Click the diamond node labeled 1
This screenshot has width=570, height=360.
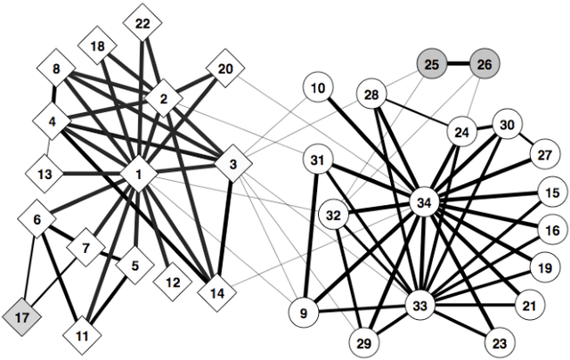tap(140, 175)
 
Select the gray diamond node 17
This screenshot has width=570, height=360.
tap(22, 315)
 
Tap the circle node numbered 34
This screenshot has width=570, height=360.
tap(424, 204)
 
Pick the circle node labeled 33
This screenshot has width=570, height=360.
tap(419, 306)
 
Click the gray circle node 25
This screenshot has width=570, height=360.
tap(433, 64)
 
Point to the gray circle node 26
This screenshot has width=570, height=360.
tap(484, 64)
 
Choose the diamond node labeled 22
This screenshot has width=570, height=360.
tap(142, 24)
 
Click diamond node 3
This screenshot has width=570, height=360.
tap(232, 164)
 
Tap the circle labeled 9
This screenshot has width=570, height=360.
tap(305, 313)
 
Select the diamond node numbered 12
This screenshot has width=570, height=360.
tap(172, 282)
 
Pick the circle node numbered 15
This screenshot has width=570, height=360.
tap(552, 192)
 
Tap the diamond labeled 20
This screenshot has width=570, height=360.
tap(225, 70)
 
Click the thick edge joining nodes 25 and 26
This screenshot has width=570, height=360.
tap(458, 64)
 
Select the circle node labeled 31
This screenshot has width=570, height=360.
tap(318, 160)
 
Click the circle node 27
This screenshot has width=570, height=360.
tap(542, 155)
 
